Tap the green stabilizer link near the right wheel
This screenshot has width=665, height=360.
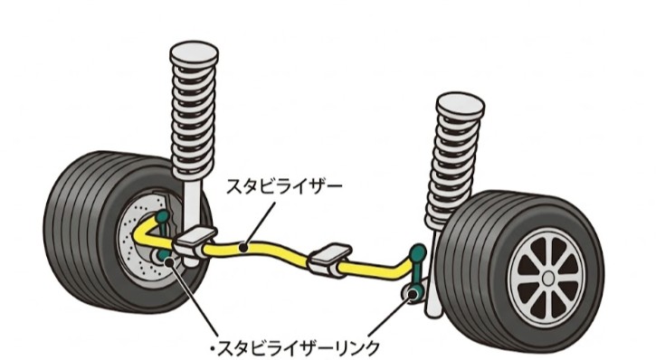click(x=414, y=271)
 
